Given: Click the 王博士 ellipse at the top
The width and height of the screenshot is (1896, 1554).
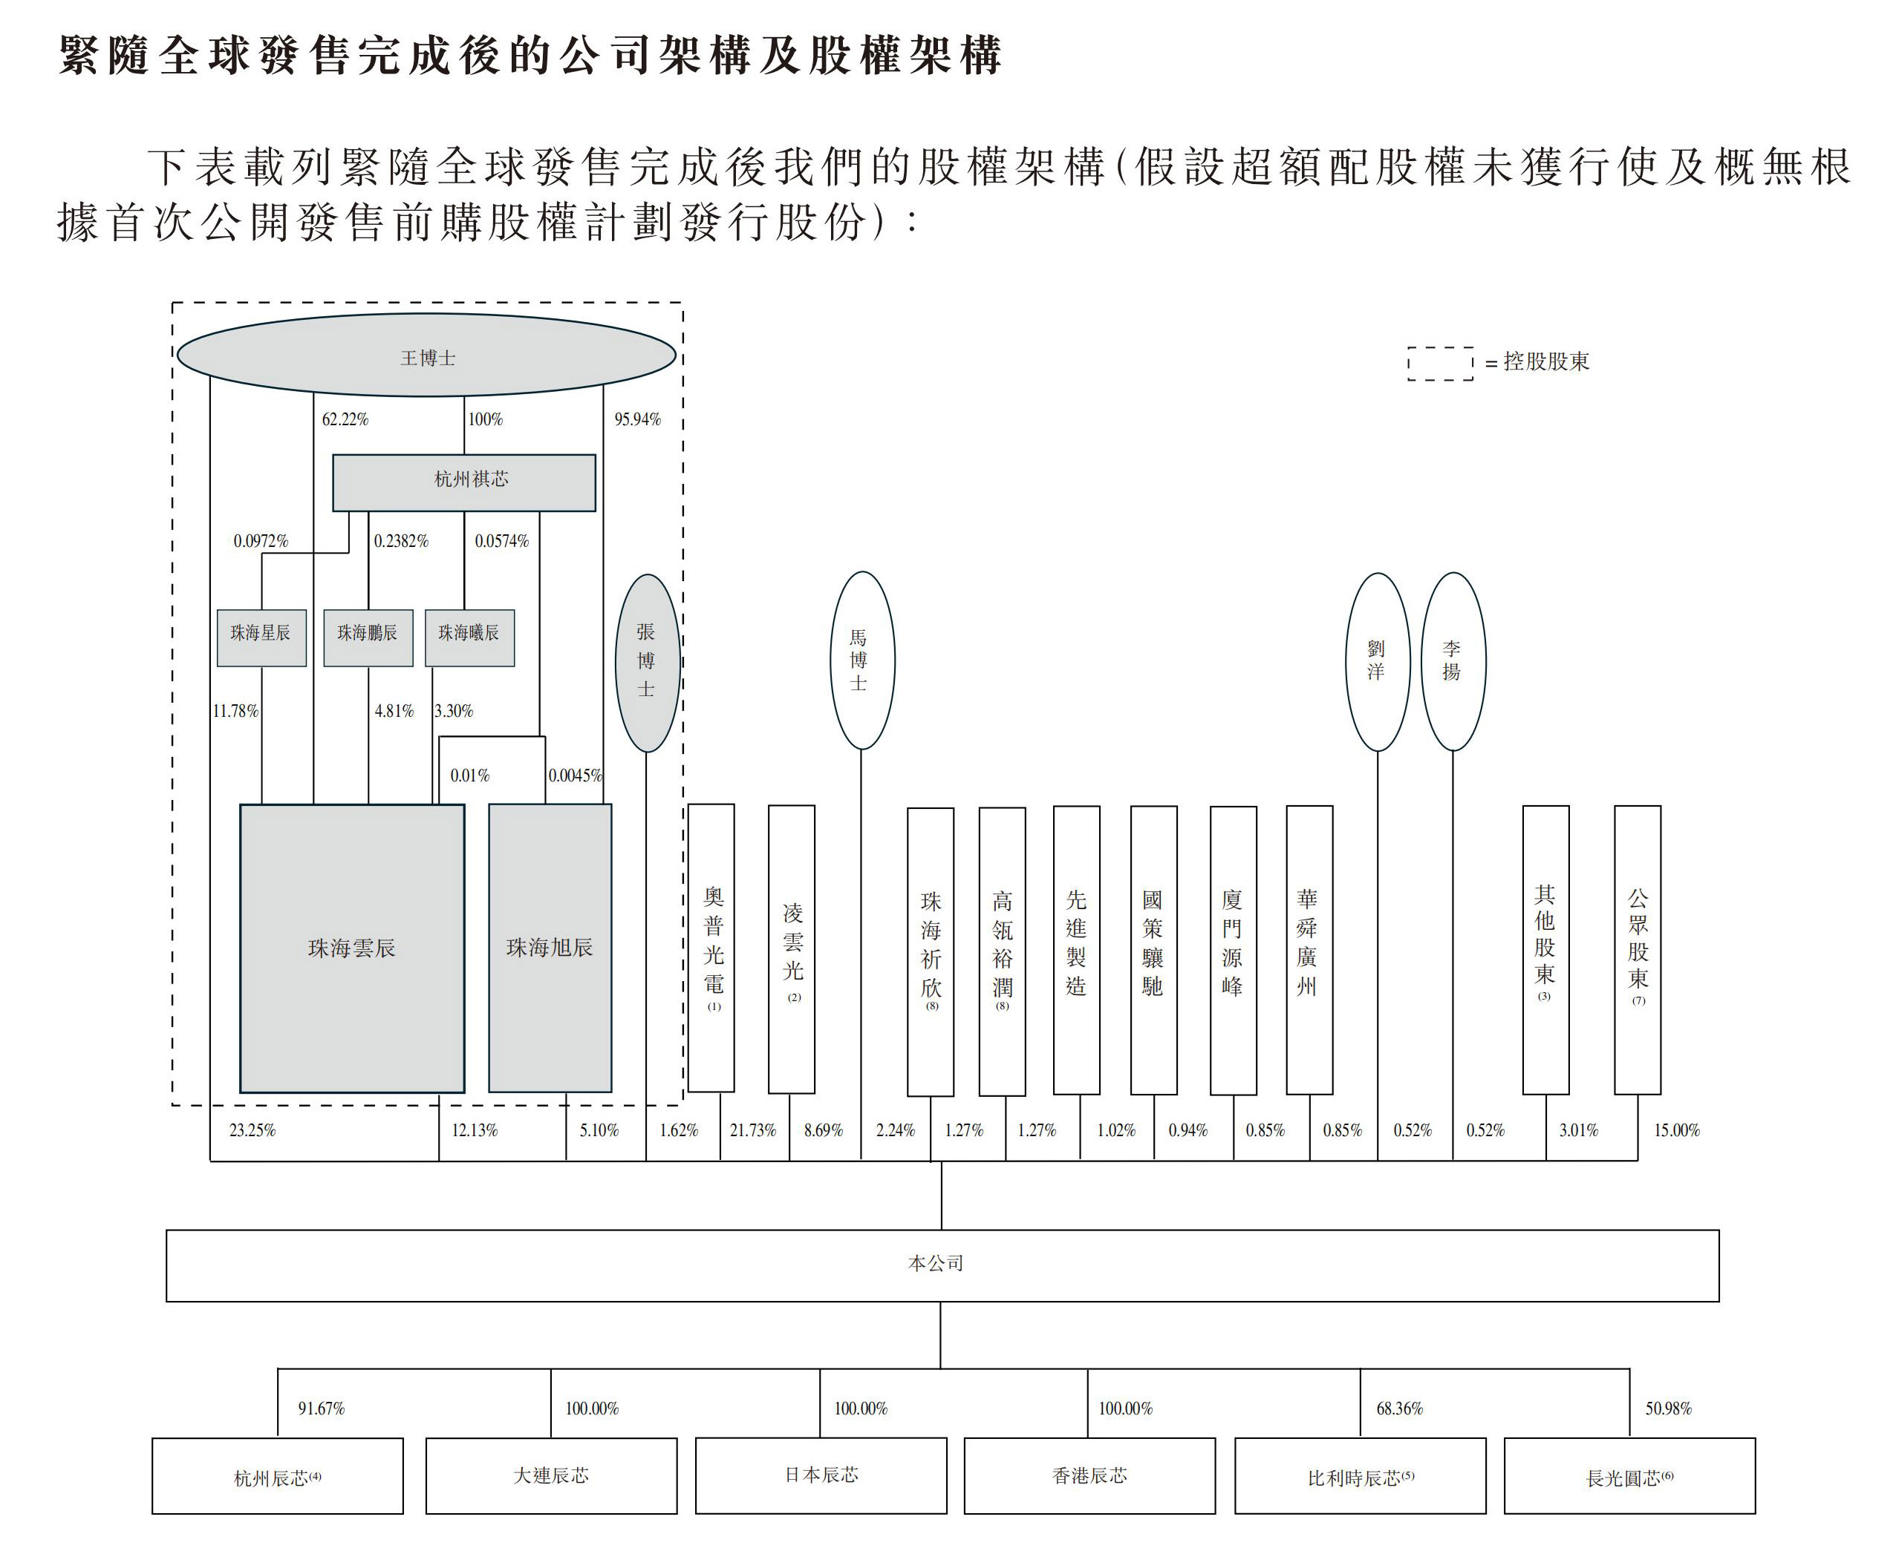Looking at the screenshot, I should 426,355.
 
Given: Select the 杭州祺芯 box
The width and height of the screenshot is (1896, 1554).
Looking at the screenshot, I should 464,482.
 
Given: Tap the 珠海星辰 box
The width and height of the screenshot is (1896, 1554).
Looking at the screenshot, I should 261,637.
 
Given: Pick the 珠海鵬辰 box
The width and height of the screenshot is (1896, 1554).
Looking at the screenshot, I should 368,637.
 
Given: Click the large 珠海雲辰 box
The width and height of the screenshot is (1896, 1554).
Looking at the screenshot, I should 352,948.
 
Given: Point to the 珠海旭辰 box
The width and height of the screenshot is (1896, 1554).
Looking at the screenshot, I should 550,948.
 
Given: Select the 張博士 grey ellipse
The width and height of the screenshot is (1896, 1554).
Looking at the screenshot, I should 647,663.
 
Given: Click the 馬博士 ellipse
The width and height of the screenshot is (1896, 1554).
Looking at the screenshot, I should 861,660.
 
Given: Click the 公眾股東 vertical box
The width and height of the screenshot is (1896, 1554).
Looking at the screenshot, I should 1637,949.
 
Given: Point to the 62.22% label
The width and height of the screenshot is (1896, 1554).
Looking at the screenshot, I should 345,419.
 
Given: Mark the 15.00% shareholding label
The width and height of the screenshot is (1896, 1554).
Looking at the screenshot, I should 1675,1130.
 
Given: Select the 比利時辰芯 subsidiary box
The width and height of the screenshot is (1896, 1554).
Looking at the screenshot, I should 1360,1476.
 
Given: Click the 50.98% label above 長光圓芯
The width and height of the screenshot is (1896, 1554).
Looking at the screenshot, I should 1667,1408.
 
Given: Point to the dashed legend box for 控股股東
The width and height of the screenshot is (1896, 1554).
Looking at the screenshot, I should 1440,364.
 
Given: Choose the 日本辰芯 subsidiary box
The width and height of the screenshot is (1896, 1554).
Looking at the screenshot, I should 821,1475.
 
